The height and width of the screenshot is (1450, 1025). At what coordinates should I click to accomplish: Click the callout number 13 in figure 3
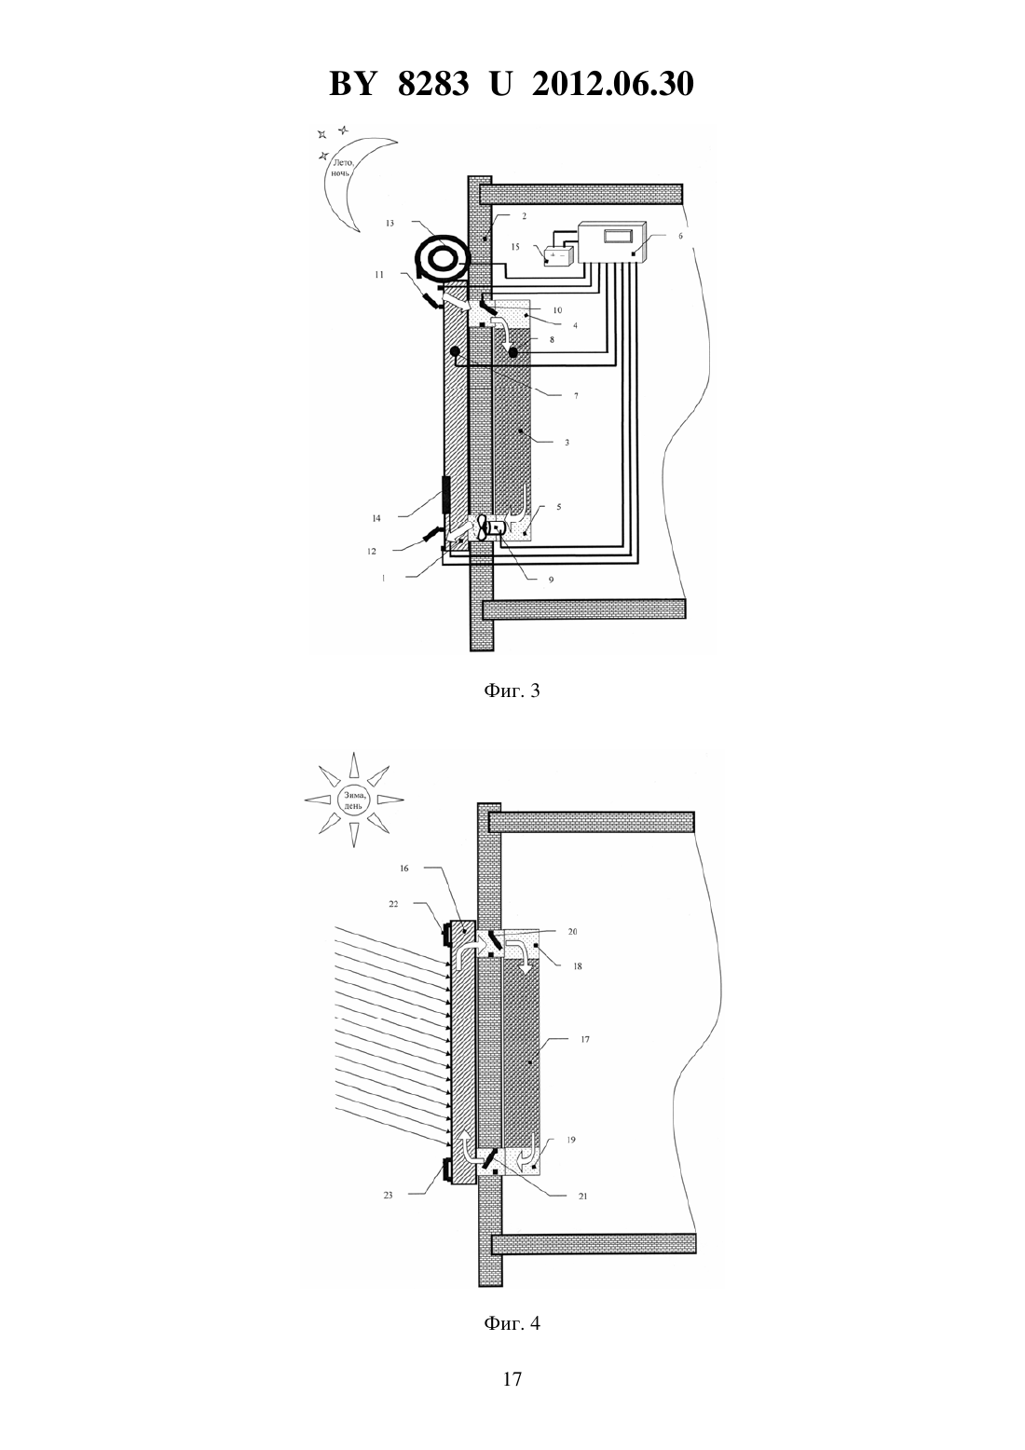(389, 224)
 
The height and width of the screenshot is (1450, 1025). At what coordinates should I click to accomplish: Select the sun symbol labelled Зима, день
(353, 800)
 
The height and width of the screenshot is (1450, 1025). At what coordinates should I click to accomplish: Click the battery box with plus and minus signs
(558, 256)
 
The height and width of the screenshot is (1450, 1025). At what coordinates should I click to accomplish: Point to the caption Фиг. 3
(512, 691)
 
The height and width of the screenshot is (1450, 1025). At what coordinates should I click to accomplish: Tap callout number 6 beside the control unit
(680, 237)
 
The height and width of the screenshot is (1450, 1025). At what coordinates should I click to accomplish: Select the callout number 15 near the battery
(515, 247)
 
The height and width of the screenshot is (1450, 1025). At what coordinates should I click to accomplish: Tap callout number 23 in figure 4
(389, 1195)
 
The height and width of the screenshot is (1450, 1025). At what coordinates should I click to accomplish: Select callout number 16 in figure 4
(403, 869)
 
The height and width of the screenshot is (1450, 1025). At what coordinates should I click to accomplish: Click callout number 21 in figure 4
(582, 1197)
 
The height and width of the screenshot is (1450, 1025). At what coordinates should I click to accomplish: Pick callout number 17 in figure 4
(585, 1040)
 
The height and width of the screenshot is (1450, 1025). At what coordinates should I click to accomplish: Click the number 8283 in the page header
(433, 84)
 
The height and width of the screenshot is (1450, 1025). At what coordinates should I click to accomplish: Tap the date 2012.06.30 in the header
(613, 84)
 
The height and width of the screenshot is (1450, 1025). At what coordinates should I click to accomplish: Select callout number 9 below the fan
(551, 580)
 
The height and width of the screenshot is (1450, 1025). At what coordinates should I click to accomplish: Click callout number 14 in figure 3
(376, 518)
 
